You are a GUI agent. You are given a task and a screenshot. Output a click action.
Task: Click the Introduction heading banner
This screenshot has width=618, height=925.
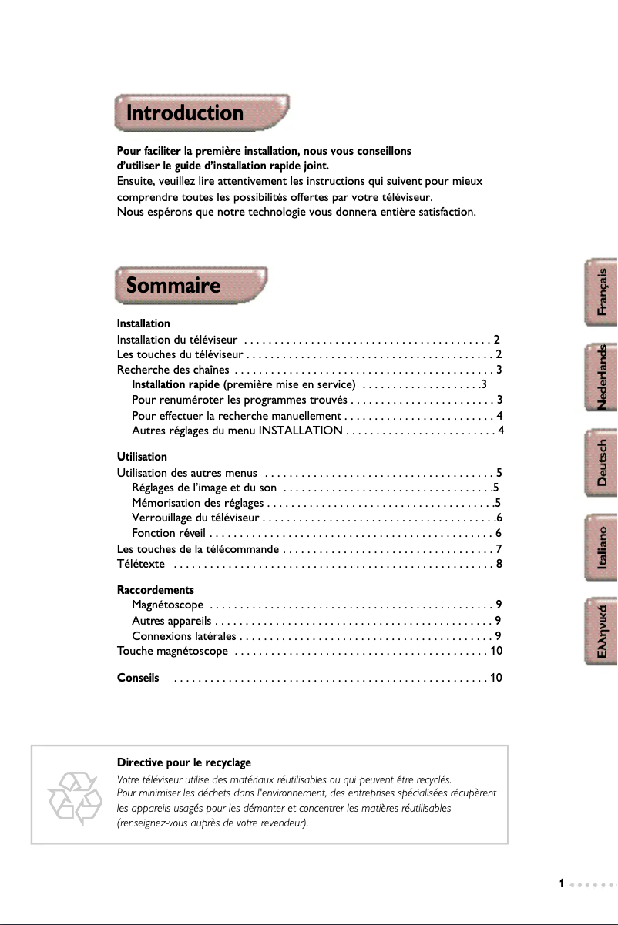click(202, 114)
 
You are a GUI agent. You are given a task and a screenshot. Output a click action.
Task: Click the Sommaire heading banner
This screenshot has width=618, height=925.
click(190, 286)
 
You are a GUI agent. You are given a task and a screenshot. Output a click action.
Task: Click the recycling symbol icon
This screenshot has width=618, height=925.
click(75, 794)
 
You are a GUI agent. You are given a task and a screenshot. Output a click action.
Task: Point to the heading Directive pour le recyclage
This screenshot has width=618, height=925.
click(183, 762)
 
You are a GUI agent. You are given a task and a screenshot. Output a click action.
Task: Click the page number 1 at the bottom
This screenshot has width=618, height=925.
click(563, 883)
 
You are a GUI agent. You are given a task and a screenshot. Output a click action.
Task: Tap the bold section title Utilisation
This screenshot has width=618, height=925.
click(141, 457)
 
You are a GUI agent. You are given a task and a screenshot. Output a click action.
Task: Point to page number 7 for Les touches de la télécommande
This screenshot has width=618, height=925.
click(499, 549)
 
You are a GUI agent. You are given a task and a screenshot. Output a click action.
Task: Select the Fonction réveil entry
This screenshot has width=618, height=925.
click(167, 533)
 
